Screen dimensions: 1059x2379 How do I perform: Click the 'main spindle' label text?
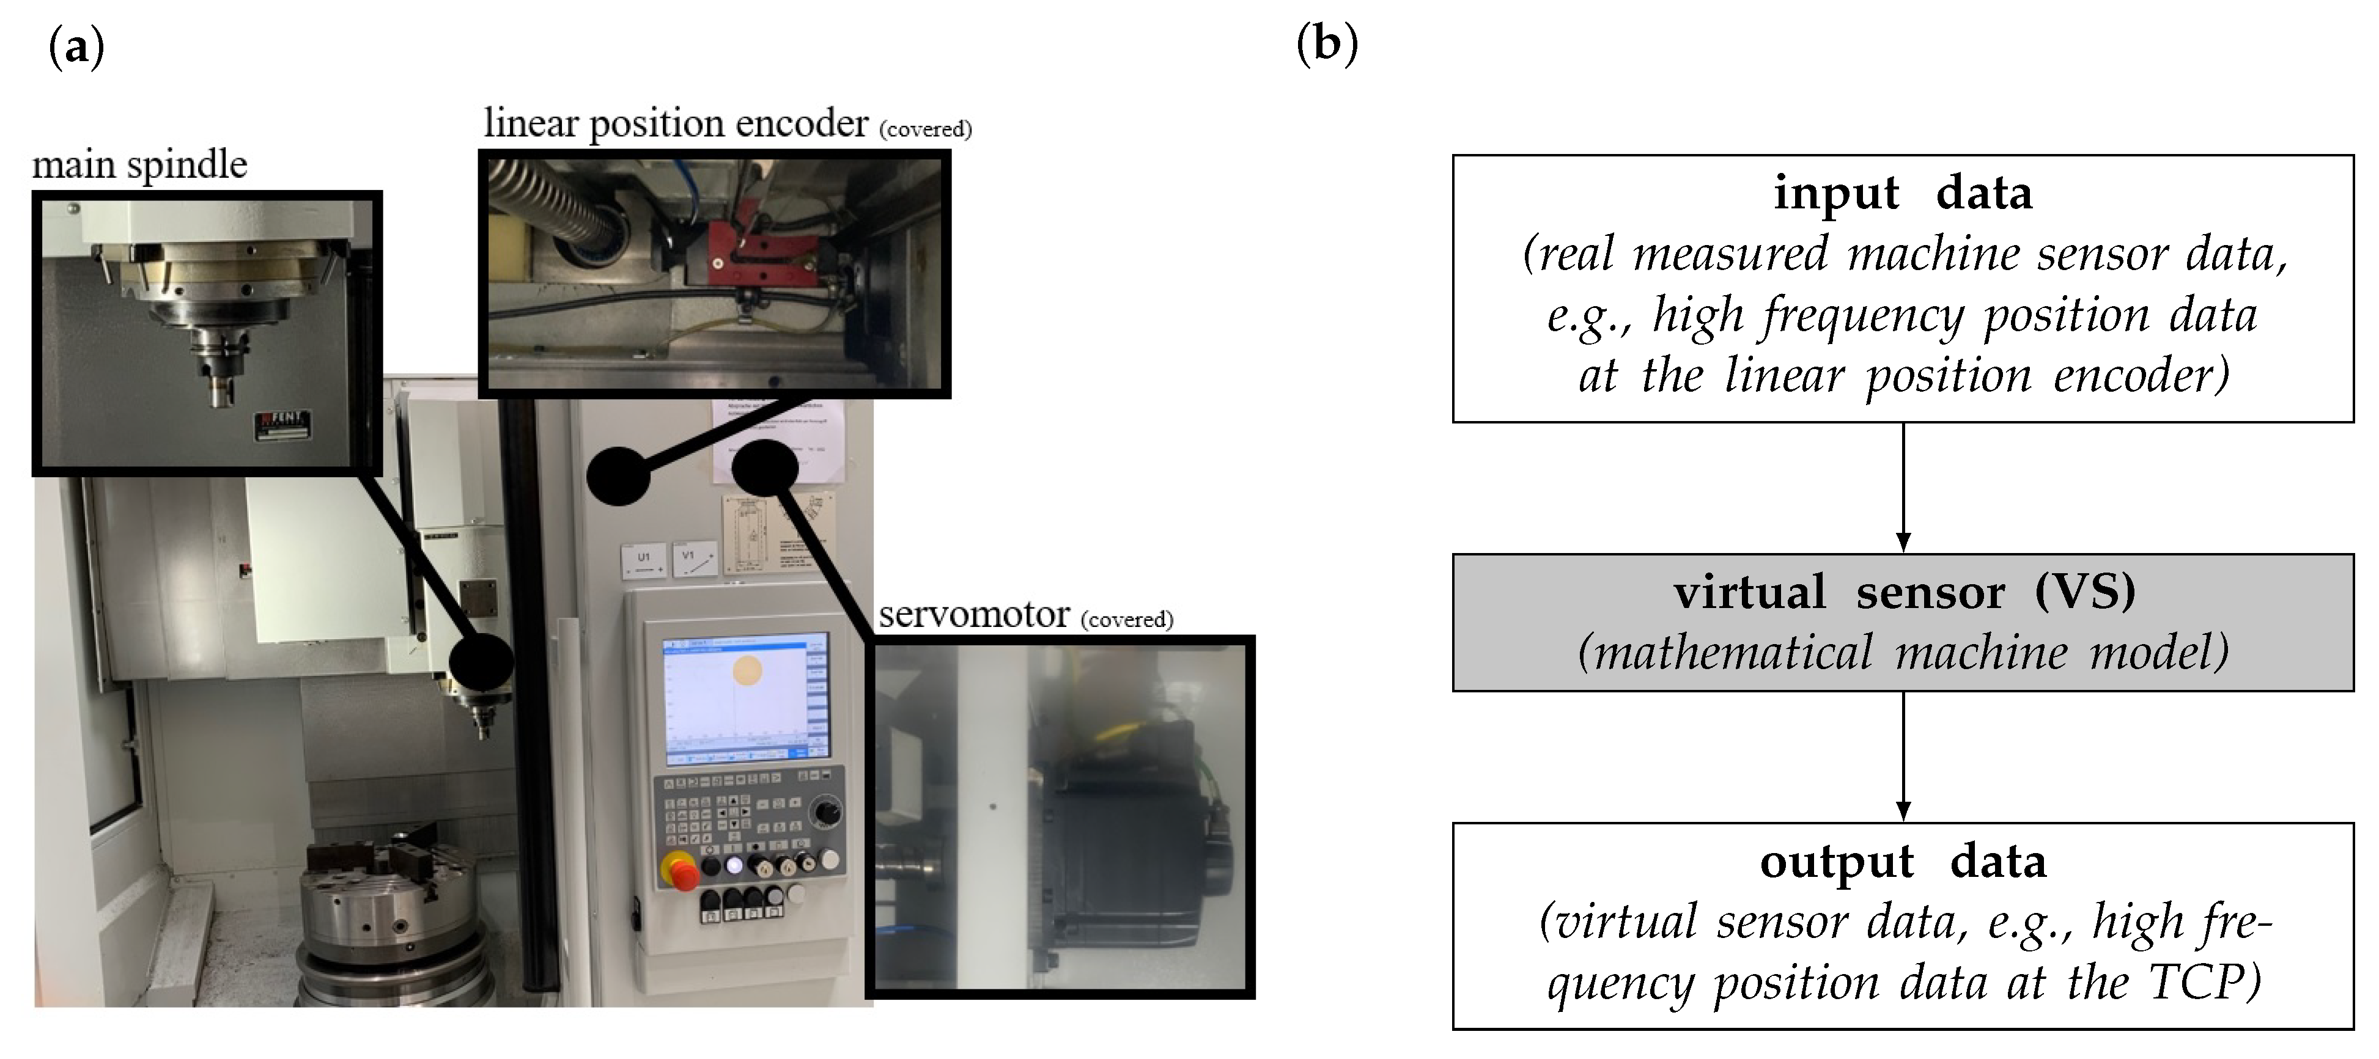pos(139,165)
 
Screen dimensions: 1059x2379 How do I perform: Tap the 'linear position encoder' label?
pos(675,123)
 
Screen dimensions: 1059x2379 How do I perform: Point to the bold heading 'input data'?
pos(1903,194)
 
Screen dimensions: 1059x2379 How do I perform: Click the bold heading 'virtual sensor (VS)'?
pos(1905,592)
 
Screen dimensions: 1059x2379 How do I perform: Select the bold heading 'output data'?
pos(1903,862)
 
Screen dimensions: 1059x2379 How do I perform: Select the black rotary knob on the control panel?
pos(825,813)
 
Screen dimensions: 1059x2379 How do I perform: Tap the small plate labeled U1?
pos(644,562)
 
